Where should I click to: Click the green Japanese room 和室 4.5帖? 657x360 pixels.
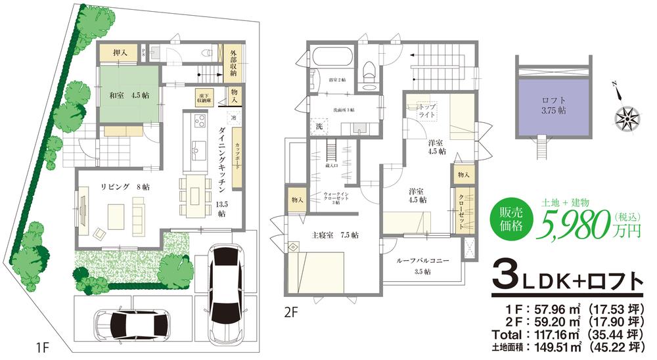(129, 95)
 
